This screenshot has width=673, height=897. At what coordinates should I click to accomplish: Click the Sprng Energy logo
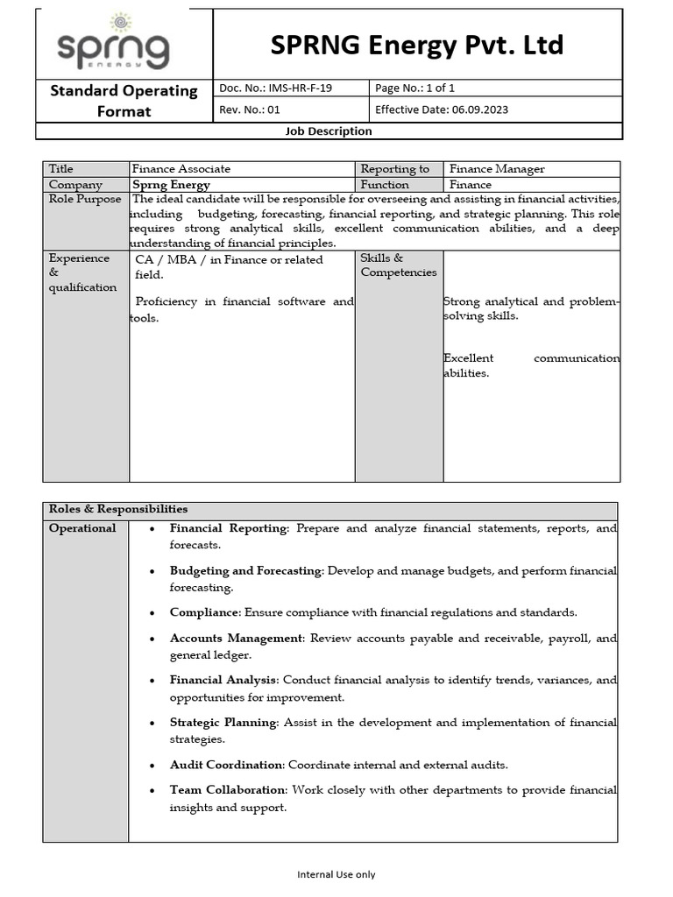click(113, 44)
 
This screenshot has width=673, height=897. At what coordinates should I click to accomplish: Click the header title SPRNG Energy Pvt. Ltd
click(416, 46)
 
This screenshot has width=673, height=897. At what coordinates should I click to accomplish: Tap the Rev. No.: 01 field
click(250, 109)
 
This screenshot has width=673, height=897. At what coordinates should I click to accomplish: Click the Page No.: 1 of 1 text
click(414, 88)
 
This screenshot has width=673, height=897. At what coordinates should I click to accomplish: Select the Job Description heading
click(329, 131)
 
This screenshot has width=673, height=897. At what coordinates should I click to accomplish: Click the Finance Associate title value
click(181, 169)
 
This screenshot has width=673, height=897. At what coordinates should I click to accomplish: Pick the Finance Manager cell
click(497, 169)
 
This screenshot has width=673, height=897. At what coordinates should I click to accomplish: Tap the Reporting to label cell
click(395, 169)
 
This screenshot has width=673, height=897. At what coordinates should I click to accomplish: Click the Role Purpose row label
click(85, 199)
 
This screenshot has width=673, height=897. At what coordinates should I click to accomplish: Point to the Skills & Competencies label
click(398, 265)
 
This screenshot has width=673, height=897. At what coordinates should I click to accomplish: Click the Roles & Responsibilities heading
click(118, 509)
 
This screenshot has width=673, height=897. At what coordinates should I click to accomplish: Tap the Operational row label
click(82, 528)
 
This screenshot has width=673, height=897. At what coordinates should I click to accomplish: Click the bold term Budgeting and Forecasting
click(245, 570)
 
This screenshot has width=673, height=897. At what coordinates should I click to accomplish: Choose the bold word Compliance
click(203, 612)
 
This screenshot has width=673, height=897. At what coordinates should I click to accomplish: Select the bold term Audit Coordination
click(226, 765)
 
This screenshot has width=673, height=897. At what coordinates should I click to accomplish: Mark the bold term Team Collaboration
click(228, 790)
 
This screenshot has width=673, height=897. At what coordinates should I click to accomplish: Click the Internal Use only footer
click(336, 874)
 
